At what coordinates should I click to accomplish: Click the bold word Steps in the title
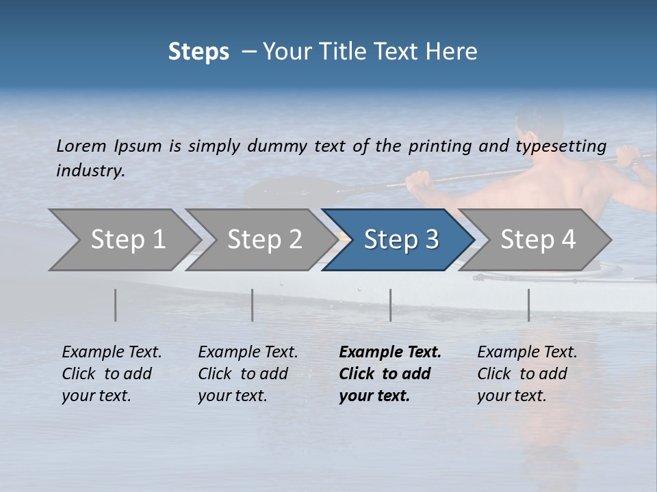198,52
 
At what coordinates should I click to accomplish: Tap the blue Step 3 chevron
399,240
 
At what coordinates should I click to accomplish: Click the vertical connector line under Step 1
116,305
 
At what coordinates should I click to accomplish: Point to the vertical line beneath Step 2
253,305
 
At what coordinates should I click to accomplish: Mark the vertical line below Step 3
390,305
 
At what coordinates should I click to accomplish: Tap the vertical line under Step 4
528,305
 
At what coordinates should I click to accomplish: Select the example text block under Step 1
112,374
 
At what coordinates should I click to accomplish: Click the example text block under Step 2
248,374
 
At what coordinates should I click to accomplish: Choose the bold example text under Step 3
390,374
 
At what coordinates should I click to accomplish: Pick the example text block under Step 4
527,374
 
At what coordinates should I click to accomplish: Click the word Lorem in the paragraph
81,146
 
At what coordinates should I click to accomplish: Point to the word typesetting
561,146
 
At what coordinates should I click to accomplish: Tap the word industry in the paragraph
90,170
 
